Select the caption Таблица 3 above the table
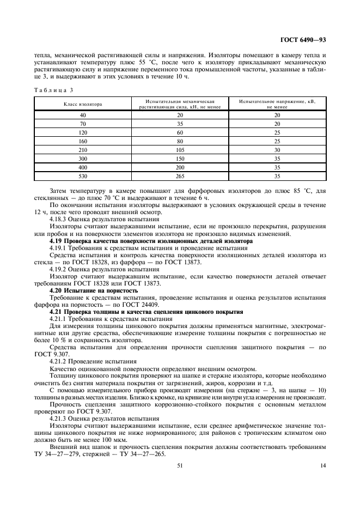click(53, 89)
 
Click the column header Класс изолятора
click(83, 104)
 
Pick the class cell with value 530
click(83, 176)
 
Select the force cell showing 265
click(180, 176)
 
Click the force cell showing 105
click(180, 150)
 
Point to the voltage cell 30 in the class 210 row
click(277, 150)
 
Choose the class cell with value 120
click(83, 132)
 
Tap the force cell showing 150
click(180, 159)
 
